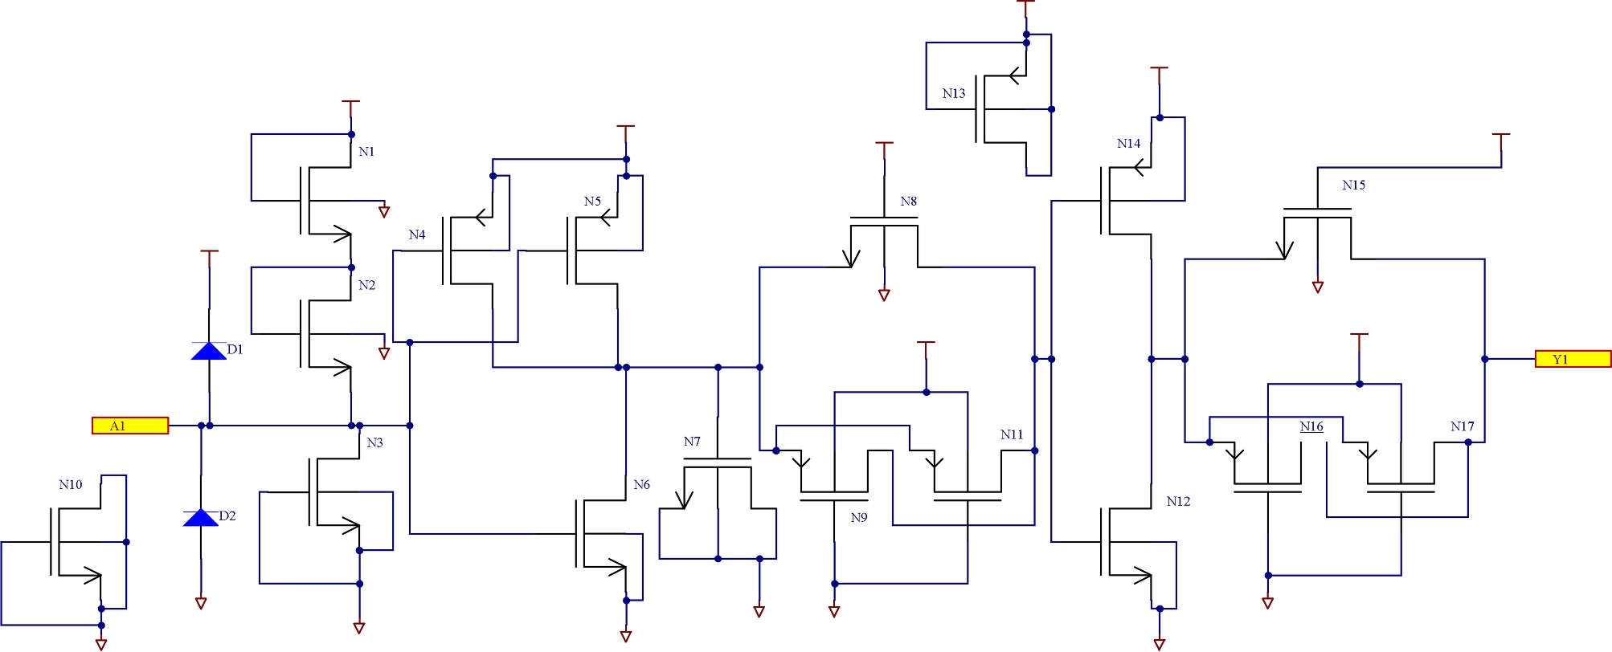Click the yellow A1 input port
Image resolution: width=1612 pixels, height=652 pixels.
pos(130,426)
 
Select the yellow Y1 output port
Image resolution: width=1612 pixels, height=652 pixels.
pos(1573,359)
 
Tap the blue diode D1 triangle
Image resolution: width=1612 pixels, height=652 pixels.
pos(209,351)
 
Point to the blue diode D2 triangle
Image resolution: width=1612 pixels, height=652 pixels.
pos(201,518)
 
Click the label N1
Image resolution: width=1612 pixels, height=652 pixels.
pos(366,152)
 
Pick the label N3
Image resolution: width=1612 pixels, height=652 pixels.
pos(374,442)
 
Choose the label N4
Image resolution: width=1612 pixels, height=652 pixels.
pos(416,234)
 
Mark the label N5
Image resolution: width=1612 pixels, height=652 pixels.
pos(592,202)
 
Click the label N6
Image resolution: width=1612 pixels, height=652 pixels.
pos(641,484)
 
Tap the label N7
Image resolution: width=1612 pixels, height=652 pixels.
pos(692,442)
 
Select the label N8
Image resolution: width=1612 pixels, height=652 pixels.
pos(908,202)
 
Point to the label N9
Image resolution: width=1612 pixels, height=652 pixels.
pos(859,518)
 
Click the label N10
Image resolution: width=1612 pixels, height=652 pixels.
pos(71,484)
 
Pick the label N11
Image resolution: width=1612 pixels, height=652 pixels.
pos(1012,434)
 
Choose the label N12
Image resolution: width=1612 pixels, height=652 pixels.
pos(1178,501)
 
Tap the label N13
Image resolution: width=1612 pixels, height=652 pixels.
pos(954,93)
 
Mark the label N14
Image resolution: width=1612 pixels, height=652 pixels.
pos(1128,144)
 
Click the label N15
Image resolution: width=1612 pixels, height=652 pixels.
pos(1353,185)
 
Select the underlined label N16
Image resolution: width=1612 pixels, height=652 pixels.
pos(1311,426)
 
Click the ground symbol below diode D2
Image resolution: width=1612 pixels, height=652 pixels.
pos(201,603)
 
